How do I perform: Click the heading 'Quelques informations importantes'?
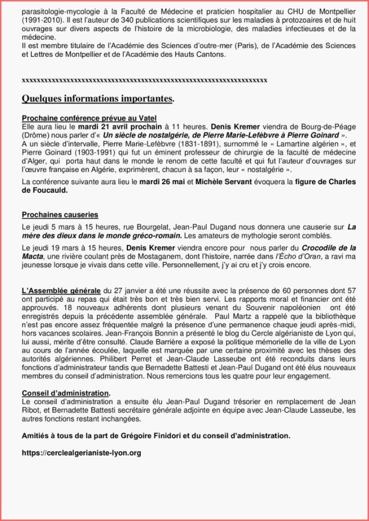97,98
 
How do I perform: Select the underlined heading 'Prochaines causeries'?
60,215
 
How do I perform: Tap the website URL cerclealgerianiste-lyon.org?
81,453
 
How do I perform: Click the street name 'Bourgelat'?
139,227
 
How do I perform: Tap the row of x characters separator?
144,79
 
